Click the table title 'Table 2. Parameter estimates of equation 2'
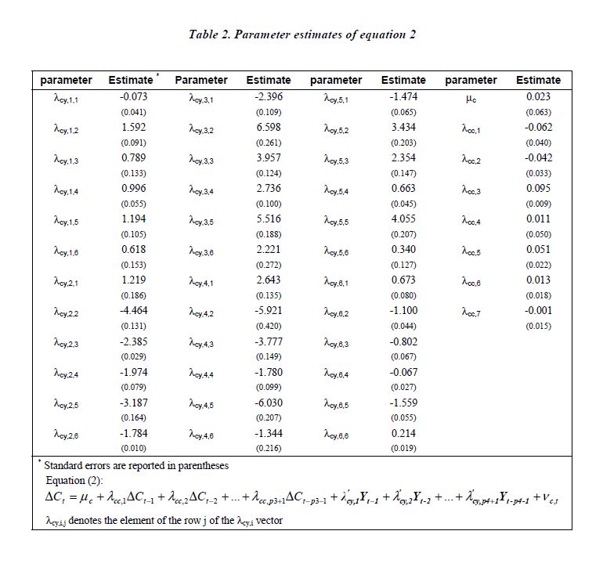(301, 34)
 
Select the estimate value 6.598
(269, 127)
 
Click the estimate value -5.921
(269, 310)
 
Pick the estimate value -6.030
(269, 402)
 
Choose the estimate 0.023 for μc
(538, 96)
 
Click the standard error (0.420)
(269, 326)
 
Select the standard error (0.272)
(269, 265)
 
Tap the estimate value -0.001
(538, 310)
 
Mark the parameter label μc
(471, 99)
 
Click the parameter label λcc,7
(471, 312)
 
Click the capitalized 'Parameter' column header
(201, 80)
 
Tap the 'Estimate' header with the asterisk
(132, 80)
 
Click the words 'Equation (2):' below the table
(78, 480)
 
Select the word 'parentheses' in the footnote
(200, 466)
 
